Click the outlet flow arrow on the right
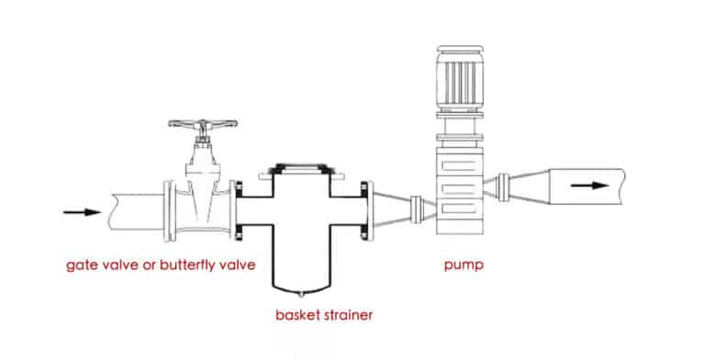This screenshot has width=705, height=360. tap(587, 184)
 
